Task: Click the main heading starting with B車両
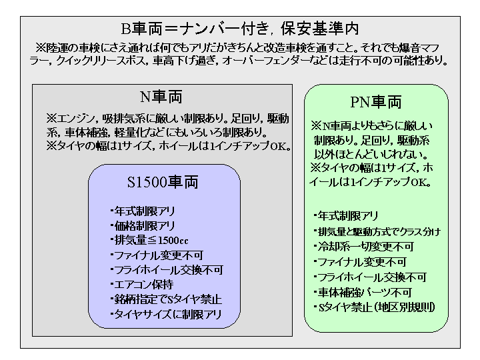pyautogui.click(x=240, y=29)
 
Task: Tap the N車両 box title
pyautogui.click(x=161, y=97)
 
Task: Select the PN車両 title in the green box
pyautogui.click(x=376, y=102)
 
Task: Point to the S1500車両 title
pyautogui.click(x=163, y=182)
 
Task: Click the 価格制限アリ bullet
pyautogui.click(x=143, y=226)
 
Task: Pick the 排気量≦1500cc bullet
pyautogui.click(x=149, y=240)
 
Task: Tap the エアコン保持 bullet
pyautogui.click(x=142, y=285)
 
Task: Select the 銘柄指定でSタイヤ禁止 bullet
pyautogui.click(x=166, y=299)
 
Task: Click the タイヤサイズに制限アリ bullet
pyautogui.click(x=166, y=314)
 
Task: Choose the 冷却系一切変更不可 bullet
pyautogui.click(x=364, y=247)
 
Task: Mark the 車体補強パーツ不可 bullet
pyautogui.click(x=363, y=293)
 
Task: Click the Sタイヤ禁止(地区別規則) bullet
pyautogui.click(x=375, y=307)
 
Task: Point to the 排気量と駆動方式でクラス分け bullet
pyautogui.click(x=377, y=232)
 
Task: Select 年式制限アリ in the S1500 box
pyautogui.click(x=143, y=211)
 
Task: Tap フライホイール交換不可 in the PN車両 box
pyautogui.click(x=370, y=277)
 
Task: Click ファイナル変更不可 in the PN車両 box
pyautogui.click(x=360, y=262)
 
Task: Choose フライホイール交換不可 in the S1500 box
pyautogui.click(x=167, y=270)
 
